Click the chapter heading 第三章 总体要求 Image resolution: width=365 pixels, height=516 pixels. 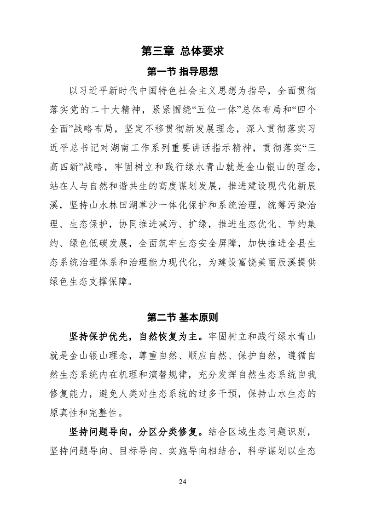[x=182, y=51]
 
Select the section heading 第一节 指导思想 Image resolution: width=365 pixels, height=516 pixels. [x=182, y=71]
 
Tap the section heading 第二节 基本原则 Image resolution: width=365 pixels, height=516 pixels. [x=182, y=317]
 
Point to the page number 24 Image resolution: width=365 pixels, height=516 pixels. [x=182, y=482]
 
